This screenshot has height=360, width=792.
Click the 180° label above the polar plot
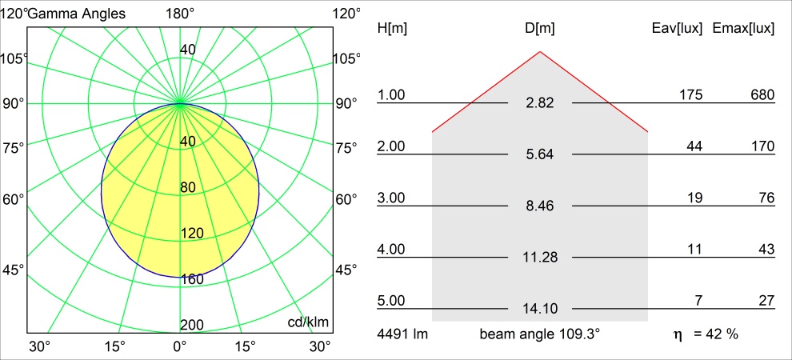[180, 13]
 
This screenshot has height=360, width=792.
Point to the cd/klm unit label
[309, 322]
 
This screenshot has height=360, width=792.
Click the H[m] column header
[392, 29]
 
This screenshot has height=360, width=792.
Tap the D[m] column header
[540, 29]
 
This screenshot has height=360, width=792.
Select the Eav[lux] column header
[678, 29]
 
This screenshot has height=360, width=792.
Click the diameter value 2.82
[540, 104]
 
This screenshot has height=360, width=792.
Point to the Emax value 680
[762, 95]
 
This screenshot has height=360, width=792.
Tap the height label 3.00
[392, 198]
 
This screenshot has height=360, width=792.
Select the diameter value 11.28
[540, 258]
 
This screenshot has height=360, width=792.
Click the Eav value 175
[690, 95]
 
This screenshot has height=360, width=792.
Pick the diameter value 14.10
[540, 309]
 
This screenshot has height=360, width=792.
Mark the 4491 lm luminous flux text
[402, 334]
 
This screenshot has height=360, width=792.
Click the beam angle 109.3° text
[540, 334]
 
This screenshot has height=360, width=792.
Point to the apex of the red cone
[540, 52]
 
